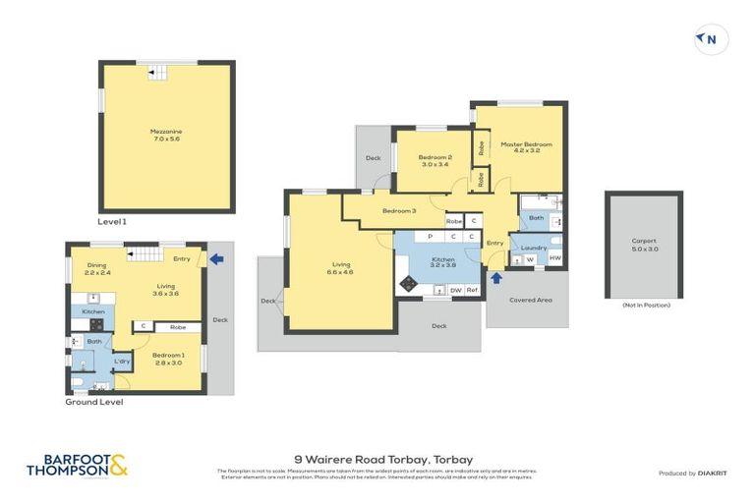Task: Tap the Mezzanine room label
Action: (x=165, y=136)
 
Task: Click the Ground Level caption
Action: (x=94, y=401)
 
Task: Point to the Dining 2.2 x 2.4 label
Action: (x=96, y=269)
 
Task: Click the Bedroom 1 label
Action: (x=168, y=358)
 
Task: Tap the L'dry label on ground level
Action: (x=122, y=363)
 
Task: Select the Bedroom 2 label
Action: (x=435, y=161)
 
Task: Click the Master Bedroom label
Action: (x=526, y=147)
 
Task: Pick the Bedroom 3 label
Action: (x=399, y=211)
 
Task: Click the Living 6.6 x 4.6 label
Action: (x=341, y=267)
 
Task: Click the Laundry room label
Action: (x=534, y=248)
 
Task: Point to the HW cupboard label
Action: (x=554, y=258)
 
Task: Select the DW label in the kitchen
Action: (x=455, y=290)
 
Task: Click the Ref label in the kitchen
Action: (x=472, y=290)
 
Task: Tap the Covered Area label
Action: (x=529, y=299)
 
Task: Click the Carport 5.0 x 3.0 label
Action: (x=643, y=244)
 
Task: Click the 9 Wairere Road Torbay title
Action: (x=384, y=459)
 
